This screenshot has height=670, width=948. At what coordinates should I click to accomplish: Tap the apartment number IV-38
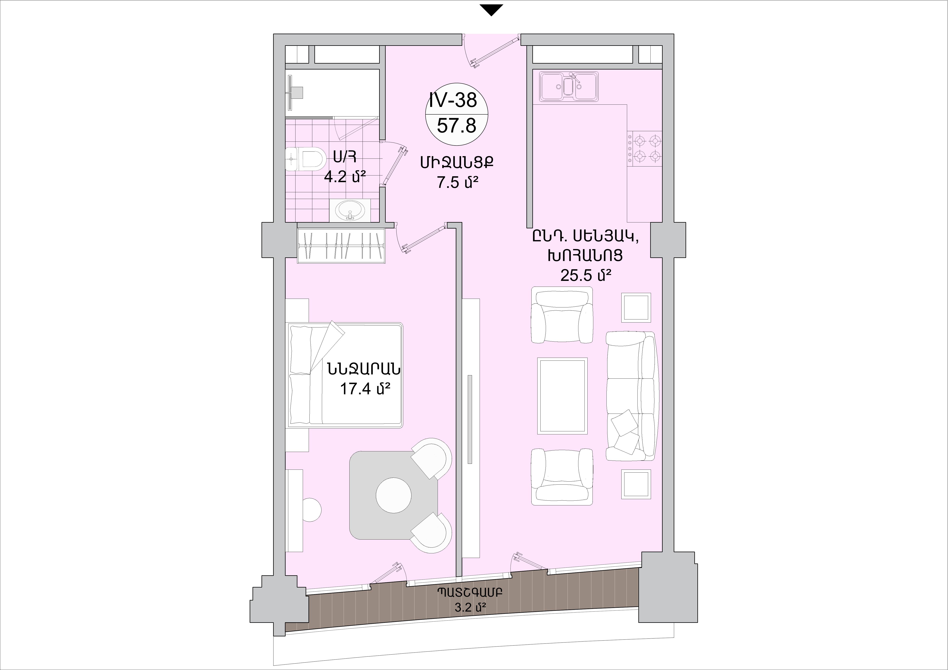click(453, 100)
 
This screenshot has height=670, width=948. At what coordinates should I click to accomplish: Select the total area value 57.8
click(457, 125)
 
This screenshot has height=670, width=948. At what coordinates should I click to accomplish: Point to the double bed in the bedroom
click(345, 375)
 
